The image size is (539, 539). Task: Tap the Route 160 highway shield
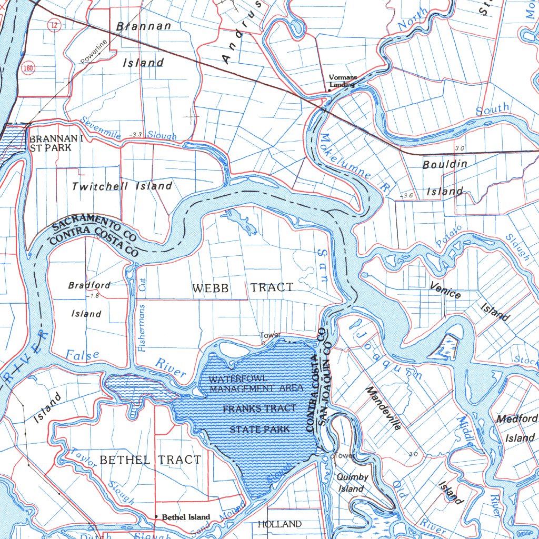click(28, 68)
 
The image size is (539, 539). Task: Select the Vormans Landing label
click(343, 81)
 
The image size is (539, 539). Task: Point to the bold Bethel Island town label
click(186, 517)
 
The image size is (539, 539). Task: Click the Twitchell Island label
click(122, 186)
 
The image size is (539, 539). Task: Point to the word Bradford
click(89, 285)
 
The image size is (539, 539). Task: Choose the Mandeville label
click(383, 408)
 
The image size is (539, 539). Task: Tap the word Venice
click(445, 290)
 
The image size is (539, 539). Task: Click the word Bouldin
click(445, 164)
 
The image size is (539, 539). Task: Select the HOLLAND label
click(280, 524)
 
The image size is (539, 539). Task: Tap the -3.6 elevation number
click(406, 195)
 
